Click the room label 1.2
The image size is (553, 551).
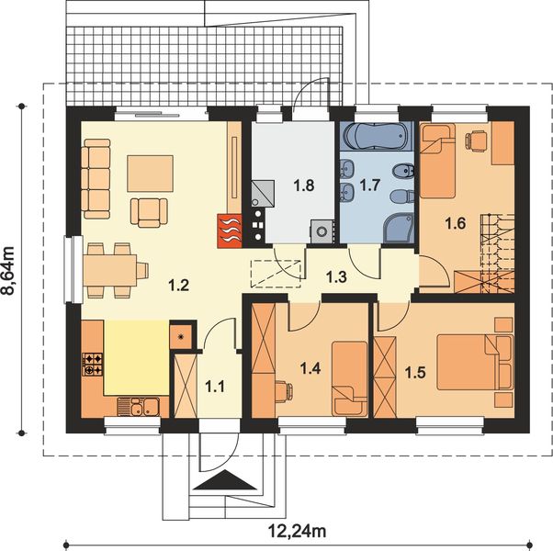(x=179, y=285)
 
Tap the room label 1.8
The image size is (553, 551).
(x=304, y=186)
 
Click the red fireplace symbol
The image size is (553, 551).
(x=230, y=231)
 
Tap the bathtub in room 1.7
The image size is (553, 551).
(x=376, y=137)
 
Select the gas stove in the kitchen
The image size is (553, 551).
(x=93, y=365)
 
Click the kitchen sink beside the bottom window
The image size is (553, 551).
(x=138, y=407)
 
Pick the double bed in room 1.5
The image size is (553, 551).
(x=475, y=363)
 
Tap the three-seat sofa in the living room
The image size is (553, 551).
(x=96, y=179)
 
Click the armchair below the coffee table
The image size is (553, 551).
(x=149, y=212)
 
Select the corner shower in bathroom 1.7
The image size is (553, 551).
(x=399, y=229)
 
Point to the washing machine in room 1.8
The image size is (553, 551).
(x=322, y=231)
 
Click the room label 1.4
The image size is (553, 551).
(x=310, y=369)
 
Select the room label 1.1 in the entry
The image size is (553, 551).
(x=215, y=387)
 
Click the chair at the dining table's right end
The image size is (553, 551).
(x=142, y=271)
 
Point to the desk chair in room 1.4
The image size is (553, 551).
(x=284, y=391)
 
